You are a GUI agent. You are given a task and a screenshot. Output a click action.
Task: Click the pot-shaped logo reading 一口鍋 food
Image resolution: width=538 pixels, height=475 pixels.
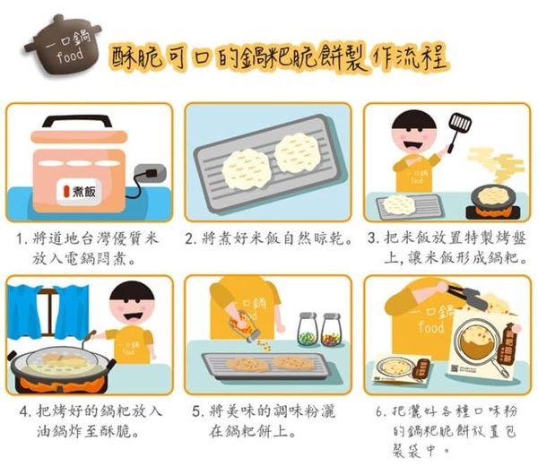click(x=61, y=45)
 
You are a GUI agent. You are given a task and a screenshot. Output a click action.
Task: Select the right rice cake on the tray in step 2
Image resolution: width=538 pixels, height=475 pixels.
click(x=298, y=151)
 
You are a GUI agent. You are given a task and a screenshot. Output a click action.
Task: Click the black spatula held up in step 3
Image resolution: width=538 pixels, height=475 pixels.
click(x=460, y=121)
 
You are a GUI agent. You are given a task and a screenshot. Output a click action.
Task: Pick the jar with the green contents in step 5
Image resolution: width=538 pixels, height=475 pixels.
click(x=307, y=331)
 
